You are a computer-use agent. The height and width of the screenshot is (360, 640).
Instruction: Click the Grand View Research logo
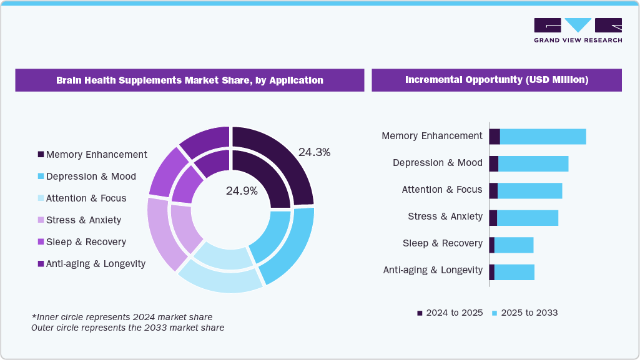(578, 29)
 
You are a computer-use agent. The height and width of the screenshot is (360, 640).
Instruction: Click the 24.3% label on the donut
(314, 152)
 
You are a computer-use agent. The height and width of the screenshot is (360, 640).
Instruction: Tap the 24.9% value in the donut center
(242, 191)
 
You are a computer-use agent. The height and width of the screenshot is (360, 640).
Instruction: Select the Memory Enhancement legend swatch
(41, 155)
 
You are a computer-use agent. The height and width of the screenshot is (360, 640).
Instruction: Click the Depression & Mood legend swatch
(41, 177)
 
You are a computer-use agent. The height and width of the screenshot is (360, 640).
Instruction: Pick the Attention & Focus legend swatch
(41, 198)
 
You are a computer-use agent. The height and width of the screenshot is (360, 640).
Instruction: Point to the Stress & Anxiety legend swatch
(41, 220)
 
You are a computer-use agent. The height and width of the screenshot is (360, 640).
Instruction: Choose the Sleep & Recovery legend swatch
(41, 242)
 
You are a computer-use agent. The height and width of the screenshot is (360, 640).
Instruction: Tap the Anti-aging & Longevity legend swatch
(41, 264)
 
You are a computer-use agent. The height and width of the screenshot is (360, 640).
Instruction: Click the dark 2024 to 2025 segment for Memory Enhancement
(495, 137)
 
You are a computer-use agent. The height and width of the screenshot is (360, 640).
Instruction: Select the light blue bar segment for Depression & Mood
(533, 163)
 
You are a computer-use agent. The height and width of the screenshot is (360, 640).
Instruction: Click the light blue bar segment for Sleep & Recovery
(514, 245)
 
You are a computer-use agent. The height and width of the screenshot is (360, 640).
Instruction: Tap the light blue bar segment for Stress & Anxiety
(528, 218)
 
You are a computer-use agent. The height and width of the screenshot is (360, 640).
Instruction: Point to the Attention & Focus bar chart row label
(442, 190)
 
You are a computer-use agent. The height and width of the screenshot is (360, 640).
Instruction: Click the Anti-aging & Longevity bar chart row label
(433, 270)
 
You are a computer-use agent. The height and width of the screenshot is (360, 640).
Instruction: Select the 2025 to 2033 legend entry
(524, 313)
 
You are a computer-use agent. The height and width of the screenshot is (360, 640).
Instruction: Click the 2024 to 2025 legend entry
(450, 313)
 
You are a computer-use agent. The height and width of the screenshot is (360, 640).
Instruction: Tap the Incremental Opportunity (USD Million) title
(496, 80)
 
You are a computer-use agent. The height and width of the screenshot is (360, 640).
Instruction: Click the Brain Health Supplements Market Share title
(190, 80)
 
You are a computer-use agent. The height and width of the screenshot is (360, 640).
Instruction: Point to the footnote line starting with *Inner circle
(122, 317)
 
